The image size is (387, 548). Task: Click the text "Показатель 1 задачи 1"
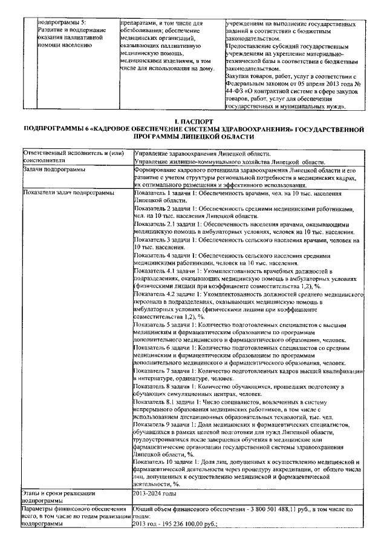161,193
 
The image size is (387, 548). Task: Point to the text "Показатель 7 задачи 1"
161,371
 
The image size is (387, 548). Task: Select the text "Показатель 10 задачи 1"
162,463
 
